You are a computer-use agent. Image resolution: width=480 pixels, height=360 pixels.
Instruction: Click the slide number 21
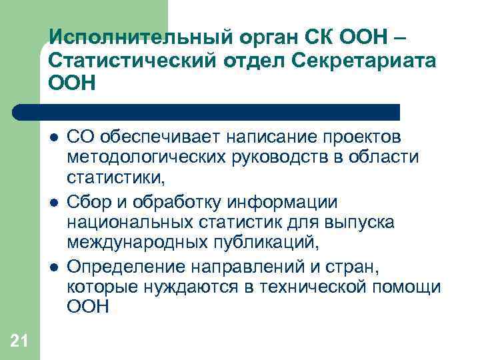[x=19, y=342]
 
